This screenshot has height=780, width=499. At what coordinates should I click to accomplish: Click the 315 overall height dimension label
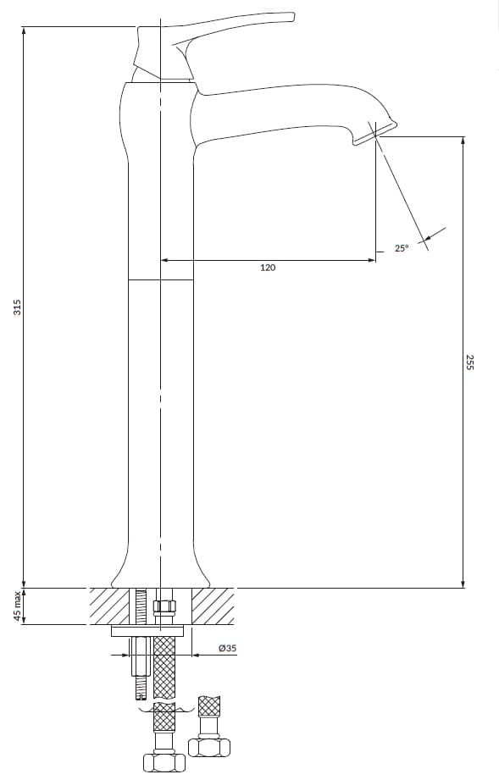coord(18,307)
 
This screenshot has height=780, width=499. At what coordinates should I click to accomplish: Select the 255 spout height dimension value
coord(470,362)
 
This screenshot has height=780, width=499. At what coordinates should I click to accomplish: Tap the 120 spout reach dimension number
coord(268,268)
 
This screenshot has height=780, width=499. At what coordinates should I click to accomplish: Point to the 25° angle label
coord(402,248)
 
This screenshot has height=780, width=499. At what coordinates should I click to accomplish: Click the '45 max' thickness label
coord(18,606)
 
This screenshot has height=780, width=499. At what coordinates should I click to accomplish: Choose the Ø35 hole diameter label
coord(227,648)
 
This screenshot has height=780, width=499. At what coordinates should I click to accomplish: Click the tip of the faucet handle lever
coord(292,17)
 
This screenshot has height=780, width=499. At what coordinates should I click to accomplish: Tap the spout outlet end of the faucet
coord(375,133)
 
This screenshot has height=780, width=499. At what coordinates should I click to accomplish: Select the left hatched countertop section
coord(109,606)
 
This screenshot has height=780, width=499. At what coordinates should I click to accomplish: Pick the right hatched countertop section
coord(213,606)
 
